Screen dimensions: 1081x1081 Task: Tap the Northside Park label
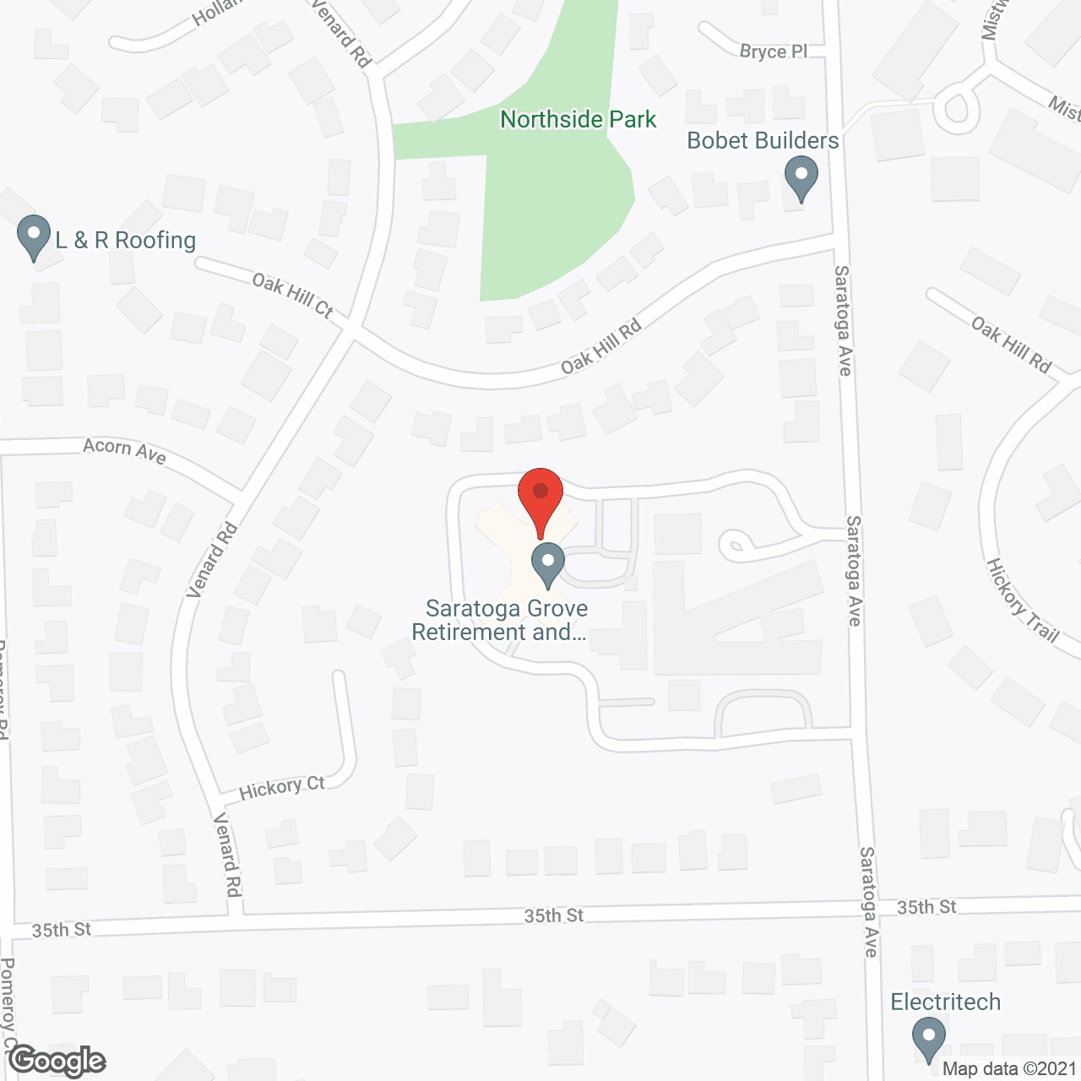[578, 120]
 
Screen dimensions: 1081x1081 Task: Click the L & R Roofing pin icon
[34, 236]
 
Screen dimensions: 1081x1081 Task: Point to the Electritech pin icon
[929, 1038]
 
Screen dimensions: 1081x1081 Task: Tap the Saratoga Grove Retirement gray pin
[548, 563]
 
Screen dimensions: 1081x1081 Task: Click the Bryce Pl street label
[773, 52]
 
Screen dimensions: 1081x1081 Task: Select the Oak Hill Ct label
[292, 296]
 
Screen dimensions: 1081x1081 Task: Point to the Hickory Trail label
[1023, 600]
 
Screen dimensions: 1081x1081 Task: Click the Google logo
[57, 1060]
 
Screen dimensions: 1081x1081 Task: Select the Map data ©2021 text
[1009, 1069]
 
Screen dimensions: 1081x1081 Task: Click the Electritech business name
[945, 1002]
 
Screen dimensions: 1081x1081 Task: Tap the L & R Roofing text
[126, 241]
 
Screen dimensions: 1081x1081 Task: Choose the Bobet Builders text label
[763, 141]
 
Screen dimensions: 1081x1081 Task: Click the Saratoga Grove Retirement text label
[506, 620]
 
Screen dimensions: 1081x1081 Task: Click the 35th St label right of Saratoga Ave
[926, 907]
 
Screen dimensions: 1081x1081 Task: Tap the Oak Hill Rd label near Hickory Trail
[1011, 345]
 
